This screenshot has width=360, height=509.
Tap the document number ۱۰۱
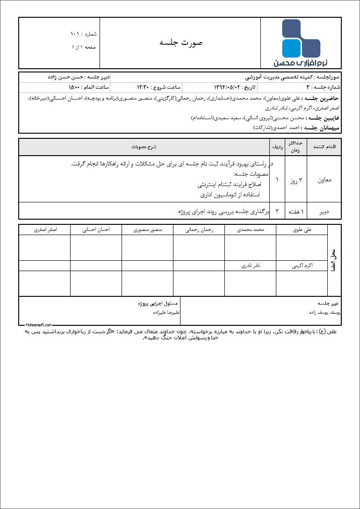point(75,34)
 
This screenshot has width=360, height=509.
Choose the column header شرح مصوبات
point(144,147)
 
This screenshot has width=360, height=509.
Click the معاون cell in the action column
point(324,179)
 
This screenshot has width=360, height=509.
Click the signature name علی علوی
point(302,230)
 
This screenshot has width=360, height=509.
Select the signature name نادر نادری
point(251,265)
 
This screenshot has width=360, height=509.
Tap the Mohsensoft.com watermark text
point(39,324)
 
